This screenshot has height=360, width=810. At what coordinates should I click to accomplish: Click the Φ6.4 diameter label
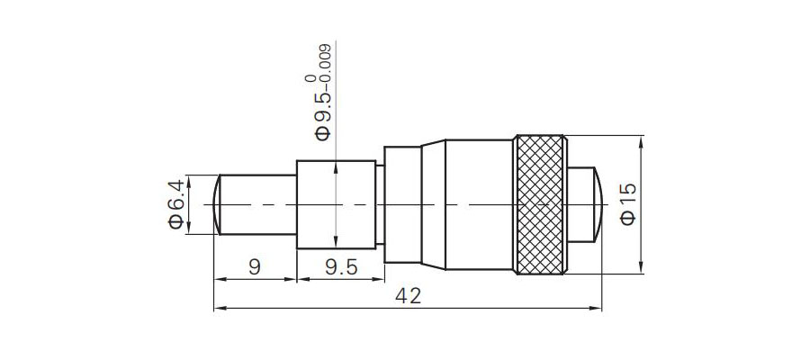175,204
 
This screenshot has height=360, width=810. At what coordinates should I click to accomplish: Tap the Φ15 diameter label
628,204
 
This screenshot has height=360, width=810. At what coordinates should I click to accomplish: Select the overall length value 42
408,296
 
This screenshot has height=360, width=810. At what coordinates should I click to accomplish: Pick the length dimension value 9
254,267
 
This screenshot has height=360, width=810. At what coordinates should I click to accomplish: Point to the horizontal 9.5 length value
341,267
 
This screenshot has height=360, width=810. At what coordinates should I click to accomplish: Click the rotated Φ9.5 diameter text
323,114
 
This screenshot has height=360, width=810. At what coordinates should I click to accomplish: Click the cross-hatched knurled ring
540,204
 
